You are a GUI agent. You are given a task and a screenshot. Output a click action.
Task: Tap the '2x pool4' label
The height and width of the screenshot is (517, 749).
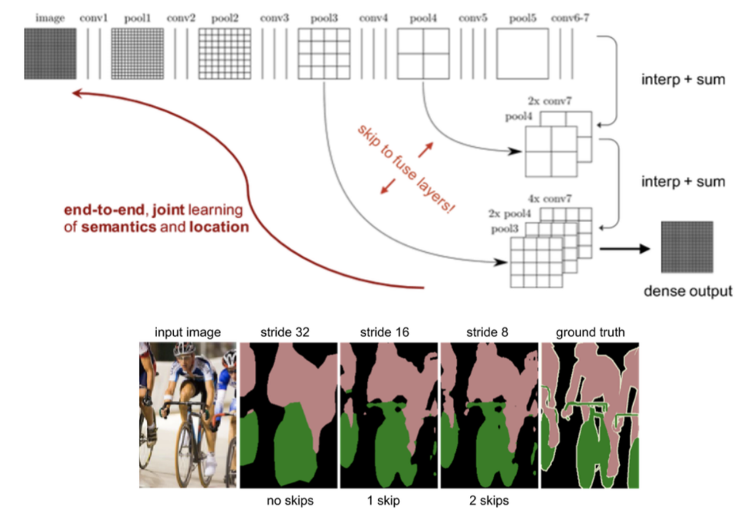(x=511, y=213)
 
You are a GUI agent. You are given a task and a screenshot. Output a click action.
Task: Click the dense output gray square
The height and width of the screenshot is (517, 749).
(x=689, y=247)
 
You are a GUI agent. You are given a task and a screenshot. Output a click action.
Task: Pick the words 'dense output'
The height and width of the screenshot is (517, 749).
(x=688, y=291)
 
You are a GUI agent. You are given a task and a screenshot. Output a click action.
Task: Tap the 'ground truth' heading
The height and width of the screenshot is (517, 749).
(x=589, y=333)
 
